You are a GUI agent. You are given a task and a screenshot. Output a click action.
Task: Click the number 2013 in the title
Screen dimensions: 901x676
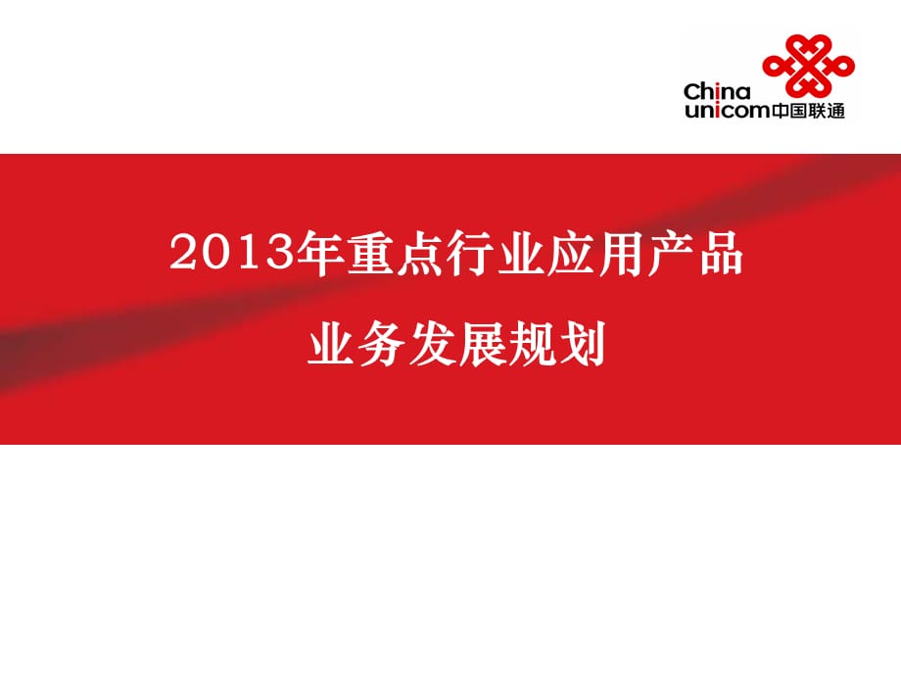pos(231,253)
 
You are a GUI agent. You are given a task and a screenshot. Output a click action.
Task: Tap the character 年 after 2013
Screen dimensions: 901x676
pos(319,253)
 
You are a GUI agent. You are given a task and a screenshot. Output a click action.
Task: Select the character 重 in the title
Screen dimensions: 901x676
pos(369,253)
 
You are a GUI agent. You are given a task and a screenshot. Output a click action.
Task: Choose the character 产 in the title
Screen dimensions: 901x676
pos(670,253)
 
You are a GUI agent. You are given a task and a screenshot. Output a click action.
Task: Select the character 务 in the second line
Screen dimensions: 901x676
pos(381,344)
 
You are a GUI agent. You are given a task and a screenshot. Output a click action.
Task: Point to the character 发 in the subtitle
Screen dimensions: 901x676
pos(432,344)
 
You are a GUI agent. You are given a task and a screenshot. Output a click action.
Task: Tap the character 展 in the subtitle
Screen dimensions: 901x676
pos(482,344)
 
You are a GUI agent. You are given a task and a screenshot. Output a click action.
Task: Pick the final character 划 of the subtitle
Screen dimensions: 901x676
pos(582,344)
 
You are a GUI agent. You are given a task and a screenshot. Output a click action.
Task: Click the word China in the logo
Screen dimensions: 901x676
pos(717,91)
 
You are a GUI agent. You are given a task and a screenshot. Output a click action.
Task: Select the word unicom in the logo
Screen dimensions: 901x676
pos(728,110)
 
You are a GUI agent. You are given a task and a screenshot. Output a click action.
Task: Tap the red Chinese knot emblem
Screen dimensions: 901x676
pos(808,65)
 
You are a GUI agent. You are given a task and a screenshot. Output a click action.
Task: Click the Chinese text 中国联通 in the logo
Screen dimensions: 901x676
pos(808,110)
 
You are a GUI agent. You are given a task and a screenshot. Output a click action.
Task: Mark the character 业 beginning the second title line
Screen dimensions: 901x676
pos(331,344)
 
